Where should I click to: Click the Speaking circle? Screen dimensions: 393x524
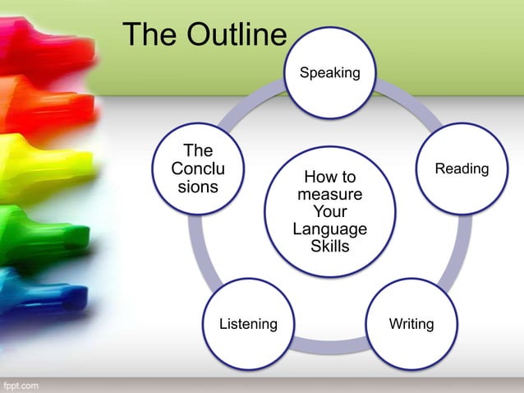[x=329, y=72]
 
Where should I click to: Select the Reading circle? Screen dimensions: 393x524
[x=462, y=169]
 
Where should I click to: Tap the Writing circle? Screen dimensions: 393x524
[x=411, y=324]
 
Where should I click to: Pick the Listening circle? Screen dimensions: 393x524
[x=248, y=324]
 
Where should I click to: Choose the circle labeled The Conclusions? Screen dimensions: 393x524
[x=198, y=169]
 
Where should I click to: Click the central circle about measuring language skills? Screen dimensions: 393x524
[x=329, y=211]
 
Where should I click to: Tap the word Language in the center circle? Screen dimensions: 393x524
[x=329, y=229]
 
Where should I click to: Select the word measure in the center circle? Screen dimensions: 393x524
[x=329, y=194]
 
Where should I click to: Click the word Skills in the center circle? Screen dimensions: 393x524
[x=329, y=246]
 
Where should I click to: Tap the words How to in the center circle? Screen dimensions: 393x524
[x=329, y=177]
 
